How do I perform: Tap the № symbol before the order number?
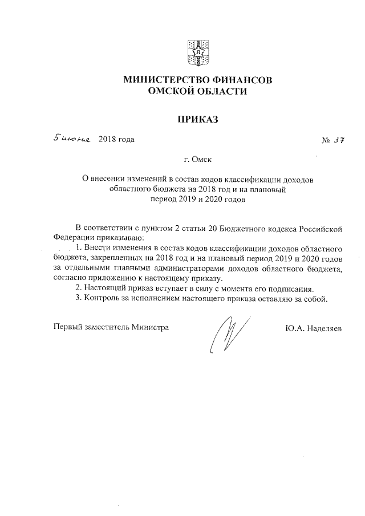(326, 141)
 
